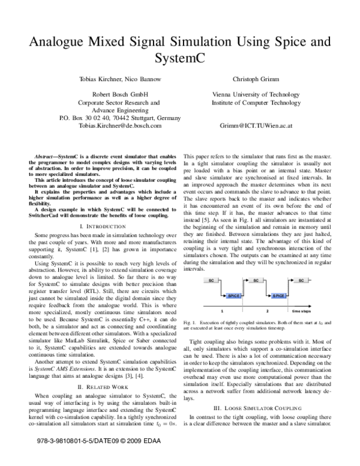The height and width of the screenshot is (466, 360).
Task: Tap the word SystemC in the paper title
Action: [x=179, y=59]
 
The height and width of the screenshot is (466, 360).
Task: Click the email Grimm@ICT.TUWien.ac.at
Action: [x=248, y=126]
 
